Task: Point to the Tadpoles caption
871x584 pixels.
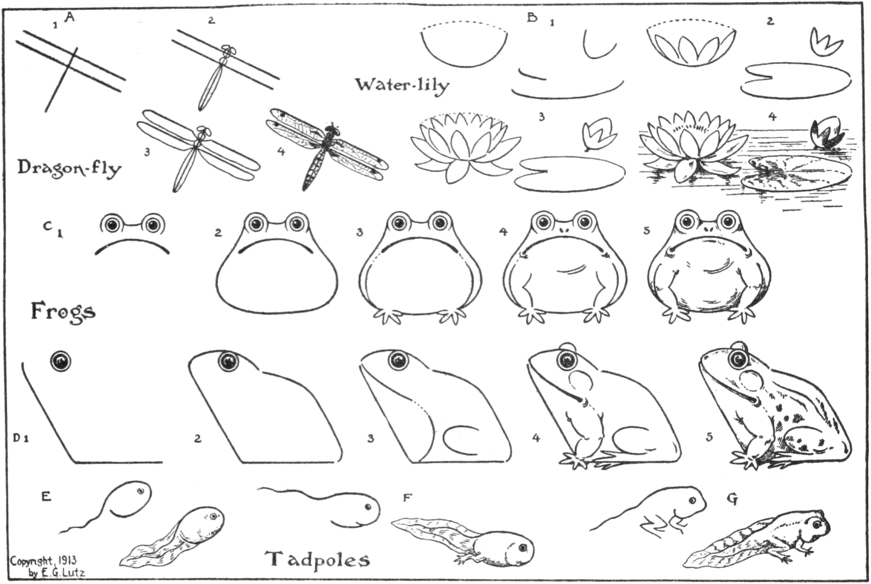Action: [318, 560]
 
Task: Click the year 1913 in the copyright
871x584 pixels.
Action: [68, 561]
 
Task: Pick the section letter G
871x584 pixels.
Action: [732, 499]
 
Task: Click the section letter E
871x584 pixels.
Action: [46, 497]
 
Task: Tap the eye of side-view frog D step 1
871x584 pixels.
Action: [61, 361]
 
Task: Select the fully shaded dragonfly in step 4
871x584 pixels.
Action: [327, 149]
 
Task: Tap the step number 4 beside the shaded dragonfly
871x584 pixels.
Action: [281, 152]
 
